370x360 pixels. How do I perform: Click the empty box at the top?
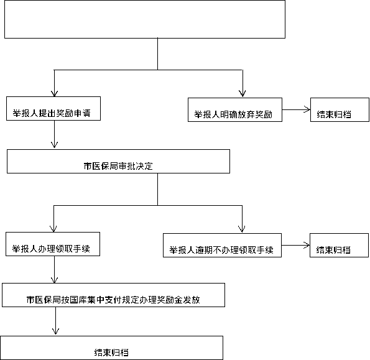145,19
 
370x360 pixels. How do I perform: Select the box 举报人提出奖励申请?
53,109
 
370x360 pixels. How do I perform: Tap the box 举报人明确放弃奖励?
235,109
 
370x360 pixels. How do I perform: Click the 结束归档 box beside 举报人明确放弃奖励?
340,109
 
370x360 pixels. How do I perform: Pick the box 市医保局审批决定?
118,162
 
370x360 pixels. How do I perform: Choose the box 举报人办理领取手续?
53,244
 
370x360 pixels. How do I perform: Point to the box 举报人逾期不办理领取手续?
222,246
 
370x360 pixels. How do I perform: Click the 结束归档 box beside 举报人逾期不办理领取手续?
339,246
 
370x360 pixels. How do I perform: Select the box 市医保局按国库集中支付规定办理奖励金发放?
114,295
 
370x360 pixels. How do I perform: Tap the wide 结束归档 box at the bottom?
111,348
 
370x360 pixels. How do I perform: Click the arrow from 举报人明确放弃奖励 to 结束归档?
296,109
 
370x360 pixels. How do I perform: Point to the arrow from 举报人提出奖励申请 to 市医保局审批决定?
54,134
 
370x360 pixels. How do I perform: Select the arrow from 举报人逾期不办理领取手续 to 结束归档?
295,246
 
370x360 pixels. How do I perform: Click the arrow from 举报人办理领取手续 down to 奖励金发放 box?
54,269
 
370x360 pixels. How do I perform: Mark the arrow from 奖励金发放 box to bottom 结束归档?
55,321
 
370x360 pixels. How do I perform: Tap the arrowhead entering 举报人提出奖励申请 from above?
54,93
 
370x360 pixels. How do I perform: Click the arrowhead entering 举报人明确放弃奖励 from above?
243,94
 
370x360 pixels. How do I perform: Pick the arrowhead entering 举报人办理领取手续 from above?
53,229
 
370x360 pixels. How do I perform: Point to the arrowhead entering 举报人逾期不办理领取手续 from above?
242,229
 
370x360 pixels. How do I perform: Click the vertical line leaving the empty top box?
157,54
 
